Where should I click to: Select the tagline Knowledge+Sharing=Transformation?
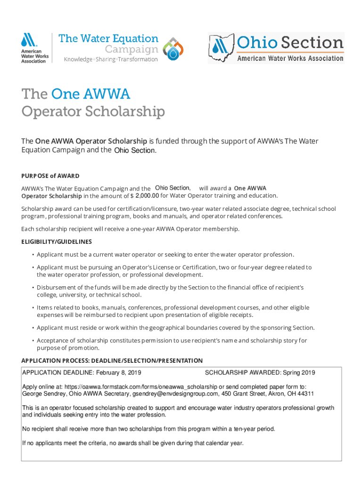click(111, 59)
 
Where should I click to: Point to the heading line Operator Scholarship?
click(93, 112)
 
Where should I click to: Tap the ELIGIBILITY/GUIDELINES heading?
click(57, 241)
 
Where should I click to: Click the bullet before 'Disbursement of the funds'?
click(33, 287)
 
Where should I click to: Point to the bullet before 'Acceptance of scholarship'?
click(33, 341)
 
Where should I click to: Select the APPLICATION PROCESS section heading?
click(112, 360)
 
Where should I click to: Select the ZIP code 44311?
click(305, 393)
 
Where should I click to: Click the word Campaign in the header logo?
click(131, 49)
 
